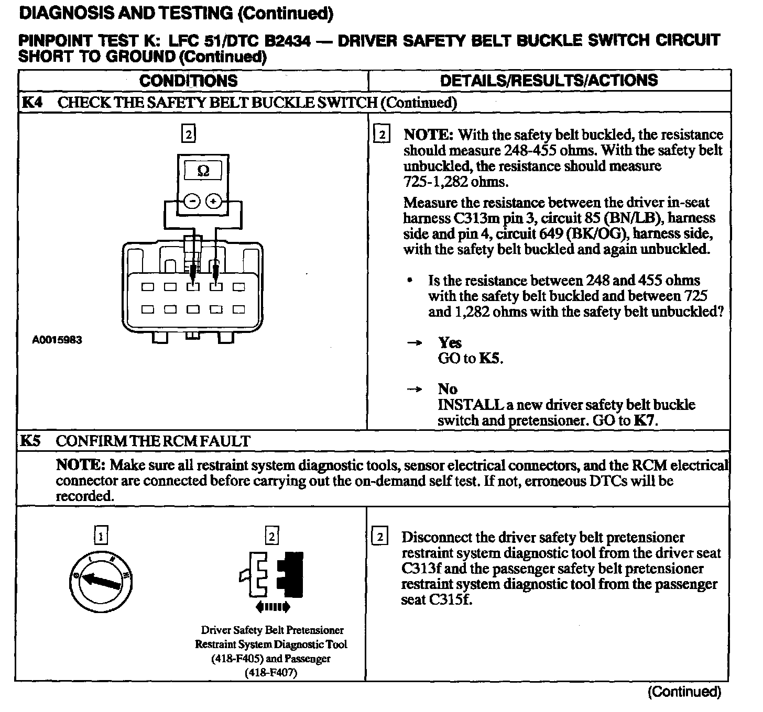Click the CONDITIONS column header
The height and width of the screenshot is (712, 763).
point(188,81)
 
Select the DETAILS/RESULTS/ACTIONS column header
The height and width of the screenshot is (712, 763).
point(549,80)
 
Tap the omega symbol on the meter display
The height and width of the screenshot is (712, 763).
point(203,171)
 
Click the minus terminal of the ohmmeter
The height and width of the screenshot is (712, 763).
point(192,201)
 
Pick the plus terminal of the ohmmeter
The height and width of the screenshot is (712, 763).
point(213,201)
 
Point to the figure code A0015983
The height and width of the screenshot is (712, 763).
point(57,340)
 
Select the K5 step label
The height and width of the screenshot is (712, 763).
point(30,441)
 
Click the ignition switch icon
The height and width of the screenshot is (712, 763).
point(101,580)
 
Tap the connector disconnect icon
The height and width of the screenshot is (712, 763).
point(271,575)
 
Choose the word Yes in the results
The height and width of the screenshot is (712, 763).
point(450,343)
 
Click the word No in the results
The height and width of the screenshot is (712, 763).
point(448,389)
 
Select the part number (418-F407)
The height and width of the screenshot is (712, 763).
point(271,673)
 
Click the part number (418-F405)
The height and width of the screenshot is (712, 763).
point(237,659)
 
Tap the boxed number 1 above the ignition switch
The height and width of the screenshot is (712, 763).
point(101,536)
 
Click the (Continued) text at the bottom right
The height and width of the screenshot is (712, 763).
point(684,692)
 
